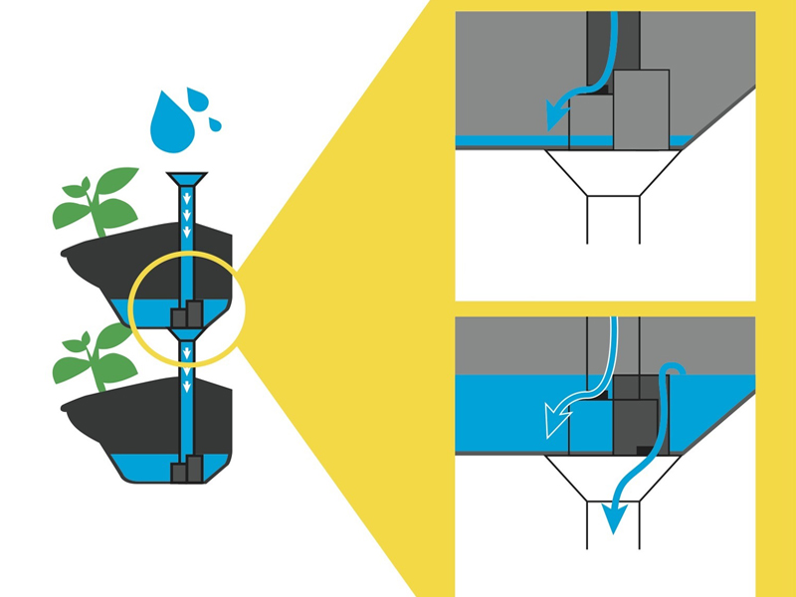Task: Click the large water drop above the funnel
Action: point(168,127)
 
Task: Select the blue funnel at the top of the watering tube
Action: point(187,180)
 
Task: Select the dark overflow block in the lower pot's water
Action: point(187,468)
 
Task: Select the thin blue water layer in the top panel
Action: point(507,141)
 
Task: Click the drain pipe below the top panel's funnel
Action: point(613,219)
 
